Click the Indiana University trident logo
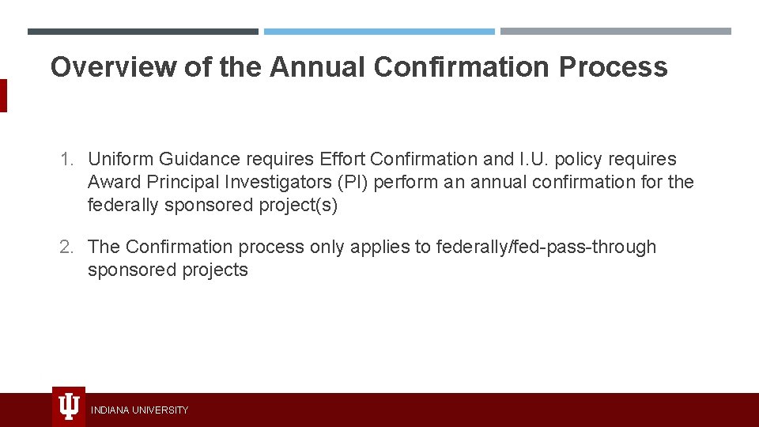[x=69, y=407]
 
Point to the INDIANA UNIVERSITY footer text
[x=139, y=410]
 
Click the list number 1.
[x=66, y=159]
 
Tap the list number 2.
[x=66, y=247]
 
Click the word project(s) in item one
[x=298, y=205]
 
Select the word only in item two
[x=327, y=247]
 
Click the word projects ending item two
[x=214, y=270]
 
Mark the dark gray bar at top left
[x=142, y=32]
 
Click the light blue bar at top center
[x=379, y=32]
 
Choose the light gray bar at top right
[x=615, y=32]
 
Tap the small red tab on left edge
[x=3, y=96]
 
